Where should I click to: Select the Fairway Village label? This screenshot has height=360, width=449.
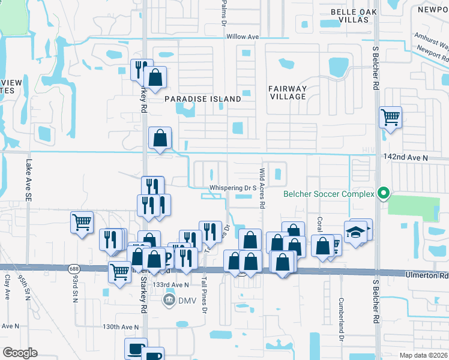point(287,92)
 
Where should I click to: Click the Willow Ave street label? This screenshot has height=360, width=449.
point(243,37)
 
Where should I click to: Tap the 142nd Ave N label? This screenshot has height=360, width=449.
point(405,157)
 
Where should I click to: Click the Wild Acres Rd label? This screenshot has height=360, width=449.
point(262,188)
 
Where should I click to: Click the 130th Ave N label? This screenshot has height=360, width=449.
point(120,327)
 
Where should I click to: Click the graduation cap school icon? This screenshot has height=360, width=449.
point(355,230)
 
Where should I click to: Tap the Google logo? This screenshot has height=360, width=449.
point(20,352)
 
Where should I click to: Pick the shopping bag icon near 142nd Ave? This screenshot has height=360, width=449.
point(160,138)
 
